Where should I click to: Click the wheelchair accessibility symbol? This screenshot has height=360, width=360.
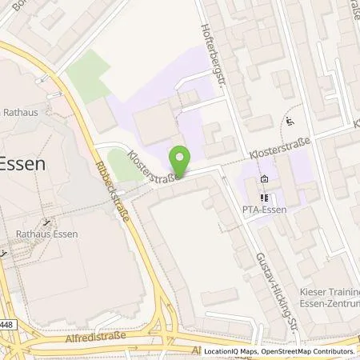tap(289, 122)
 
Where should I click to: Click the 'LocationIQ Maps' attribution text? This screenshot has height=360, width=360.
tap(231, 351)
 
